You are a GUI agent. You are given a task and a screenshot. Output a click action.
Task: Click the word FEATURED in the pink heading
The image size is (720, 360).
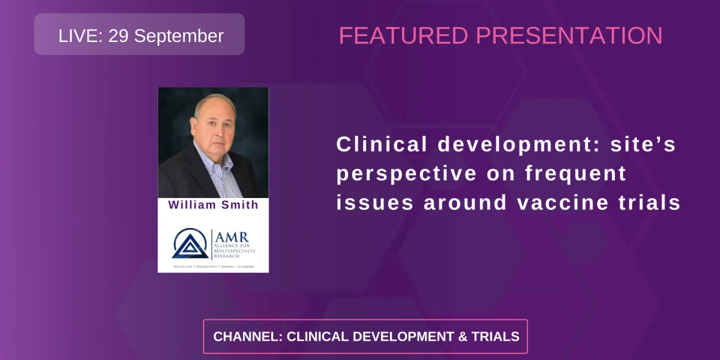403,36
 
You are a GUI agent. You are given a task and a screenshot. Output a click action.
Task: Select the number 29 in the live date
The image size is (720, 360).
118,36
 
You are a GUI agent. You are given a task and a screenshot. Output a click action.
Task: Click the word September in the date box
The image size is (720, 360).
178,36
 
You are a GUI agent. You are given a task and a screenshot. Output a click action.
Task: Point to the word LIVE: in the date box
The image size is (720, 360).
80,36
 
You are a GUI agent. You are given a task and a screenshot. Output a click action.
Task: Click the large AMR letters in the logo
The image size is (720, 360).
231,237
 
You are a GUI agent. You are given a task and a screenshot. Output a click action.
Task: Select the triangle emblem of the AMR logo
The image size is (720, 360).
190,244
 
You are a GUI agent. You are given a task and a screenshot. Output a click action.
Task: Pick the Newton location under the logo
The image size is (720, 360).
227,266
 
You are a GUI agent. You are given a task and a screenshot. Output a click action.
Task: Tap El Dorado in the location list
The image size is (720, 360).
246,266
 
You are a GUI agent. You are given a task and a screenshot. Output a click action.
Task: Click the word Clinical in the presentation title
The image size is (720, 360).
382,144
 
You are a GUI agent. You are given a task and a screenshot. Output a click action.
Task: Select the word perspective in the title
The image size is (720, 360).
406,173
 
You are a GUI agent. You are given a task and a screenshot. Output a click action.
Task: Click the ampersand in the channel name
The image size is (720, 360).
462,336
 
